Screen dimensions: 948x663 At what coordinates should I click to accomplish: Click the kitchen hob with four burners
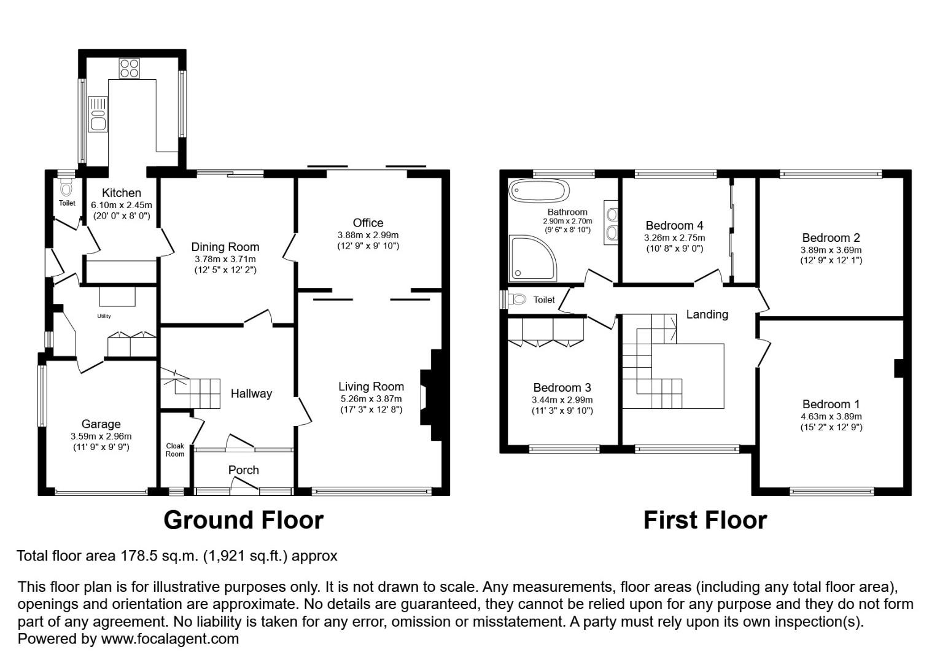pos(129,69)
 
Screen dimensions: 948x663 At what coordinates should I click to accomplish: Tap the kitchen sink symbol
pos(98,114)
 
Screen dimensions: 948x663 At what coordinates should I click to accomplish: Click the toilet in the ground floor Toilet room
pos(66,188)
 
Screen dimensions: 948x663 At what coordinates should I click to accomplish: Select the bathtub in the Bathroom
pos(538,191)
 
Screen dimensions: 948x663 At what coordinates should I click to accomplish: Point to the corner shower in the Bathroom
pos(532,258)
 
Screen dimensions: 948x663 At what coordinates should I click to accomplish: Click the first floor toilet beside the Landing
pos(517,299)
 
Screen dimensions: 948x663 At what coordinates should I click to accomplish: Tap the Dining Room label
pos(225,247)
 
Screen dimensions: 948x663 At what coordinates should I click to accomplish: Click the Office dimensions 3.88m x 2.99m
pos(368,235)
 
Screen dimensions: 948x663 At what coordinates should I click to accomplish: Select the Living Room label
pos(371,386)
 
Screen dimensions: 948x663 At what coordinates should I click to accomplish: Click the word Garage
pos(101,424)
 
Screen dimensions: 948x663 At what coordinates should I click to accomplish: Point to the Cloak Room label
pos(175,450)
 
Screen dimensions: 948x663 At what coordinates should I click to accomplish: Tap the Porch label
pos(243,470)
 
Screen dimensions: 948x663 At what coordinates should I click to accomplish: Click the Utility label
pos(104,316)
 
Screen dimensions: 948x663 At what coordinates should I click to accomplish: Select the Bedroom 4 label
pos(674,225)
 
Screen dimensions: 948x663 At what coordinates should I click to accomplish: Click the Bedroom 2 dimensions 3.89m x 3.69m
pos(831,250)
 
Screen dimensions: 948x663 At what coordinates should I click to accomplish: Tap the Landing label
pos(707,314)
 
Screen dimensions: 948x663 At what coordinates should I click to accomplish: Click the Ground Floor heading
pos(243,520)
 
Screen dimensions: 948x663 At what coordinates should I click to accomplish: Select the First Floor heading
pos(705,520)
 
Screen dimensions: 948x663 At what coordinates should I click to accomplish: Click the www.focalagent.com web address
pos(169,638)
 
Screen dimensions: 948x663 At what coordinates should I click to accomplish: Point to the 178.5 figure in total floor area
pos(139,556)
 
